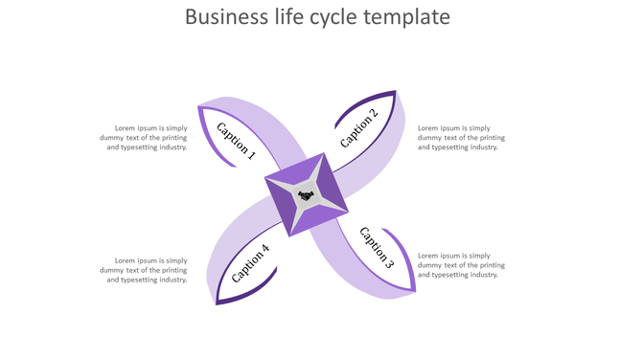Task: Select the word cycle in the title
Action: coord(343,18)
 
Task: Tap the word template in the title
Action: coord(413,18)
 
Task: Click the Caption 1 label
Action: coord(236,140)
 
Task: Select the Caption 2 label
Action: coord(358,128)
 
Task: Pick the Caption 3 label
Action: coord(376,246)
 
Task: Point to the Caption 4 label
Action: coord(250,263)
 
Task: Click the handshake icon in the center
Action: coord(306,195)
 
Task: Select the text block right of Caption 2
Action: coord(461,138)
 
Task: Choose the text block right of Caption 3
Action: coord(461,265)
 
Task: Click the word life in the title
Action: coord(291,17)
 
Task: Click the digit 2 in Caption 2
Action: coord(374,114)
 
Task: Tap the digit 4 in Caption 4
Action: coord(265,250)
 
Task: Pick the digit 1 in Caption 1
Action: coord(251,153)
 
